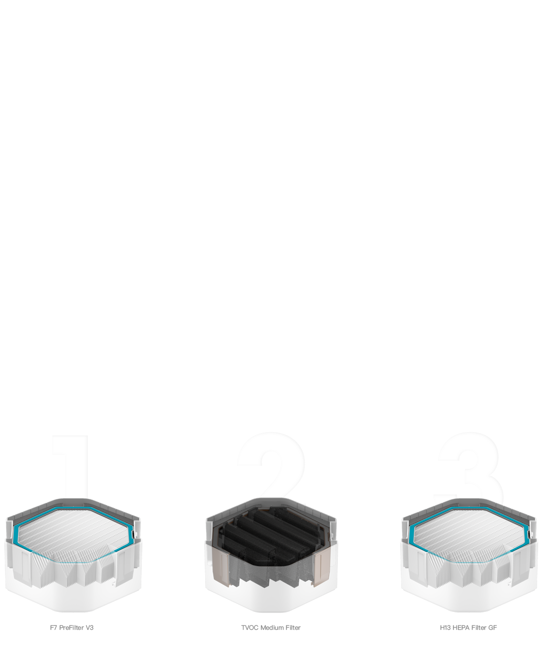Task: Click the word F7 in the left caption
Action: pos(54,627)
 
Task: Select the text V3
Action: pos(90,627)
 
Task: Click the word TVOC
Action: pos(250,627)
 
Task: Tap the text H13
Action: pos(446,627)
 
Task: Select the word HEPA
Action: pos(461,627)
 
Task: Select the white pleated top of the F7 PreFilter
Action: pos(74,531)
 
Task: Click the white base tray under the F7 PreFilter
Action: pos(73,598)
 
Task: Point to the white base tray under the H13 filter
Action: pos(469,598)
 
